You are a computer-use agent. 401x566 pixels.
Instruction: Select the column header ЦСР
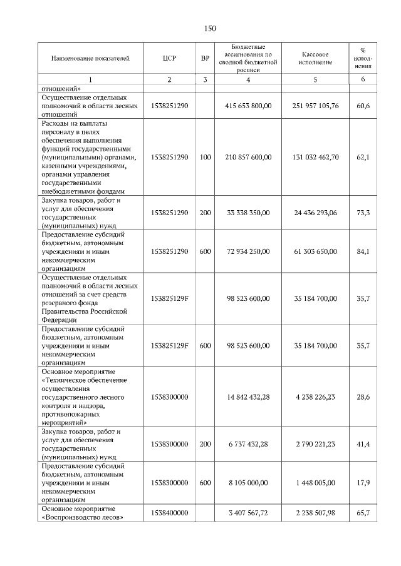(x=169, y=58)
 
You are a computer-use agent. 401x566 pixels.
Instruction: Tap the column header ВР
(x=206, y=58)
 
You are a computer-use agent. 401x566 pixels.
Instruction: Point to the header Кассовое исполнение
(x=315, y=58)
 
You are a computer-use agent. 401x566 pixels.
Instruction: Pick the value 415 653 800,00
(x=248, y=106)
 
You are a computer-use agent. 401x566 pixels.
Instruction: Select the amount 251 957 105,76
(x=315, y=106)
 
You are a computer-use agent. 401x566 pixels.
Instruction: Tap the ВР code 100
(x=206, y=157)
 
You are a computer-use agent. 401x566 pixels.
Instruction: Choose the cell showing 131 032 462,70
(x=315, y=157)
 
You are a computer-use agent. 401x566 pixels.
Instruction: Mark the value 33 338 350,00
(x=248, y=213)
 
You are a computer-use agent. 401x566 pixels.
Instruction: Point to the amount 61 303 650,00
(x=315, y=251)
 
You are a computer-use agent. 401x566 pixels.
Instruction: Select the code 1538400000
(x=169, y=513)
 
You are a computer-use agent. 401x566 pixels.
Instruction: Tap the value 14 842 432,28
(x=248, y=397)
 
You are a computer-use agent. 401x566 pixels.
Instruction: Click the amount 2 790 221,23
(x=315, y=444)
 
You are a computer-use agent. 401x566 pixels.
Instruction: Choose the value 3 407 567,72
(x=248, y=513)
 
